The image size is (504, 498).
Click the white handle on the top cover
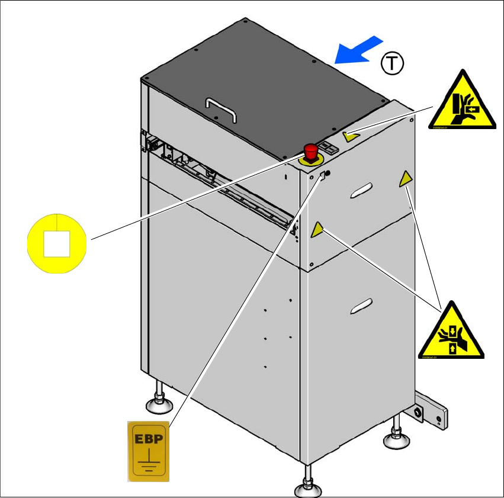click(220, 109)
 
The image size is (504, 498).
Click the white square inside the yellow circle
click(57, 243)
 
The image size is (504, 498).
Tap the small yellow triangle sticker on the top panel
click(352, 136)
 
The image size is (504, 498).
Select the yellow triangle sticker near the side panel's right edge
click(406, 179)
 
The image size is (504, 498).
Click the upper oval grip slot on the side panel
click(360, 189)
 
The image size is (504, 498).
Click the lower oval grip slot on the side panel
click(361, 305)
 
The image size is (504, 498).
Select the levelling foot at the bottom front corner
click(309, 487)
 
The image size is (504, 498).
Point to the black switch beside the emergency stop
click(329, 150)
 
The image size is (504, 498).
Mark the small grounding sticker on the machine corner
click(323, 175)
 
